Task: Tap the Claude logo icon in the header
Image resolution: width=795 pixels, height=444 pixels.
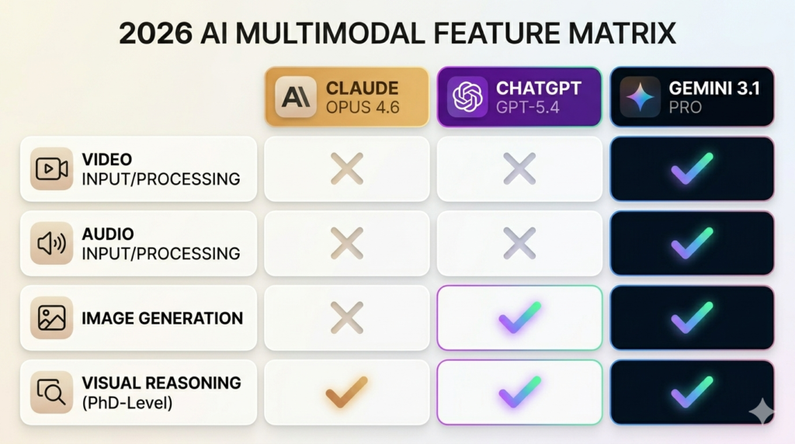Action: pyautogui.click(x=296, y=97)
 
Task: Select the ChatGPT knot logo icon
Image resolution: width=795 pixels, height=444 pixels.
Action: pyautogui.click(x=467, y=97)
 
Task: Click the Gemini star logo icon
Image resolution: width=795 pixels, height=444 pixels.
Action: pyautogui.click(x=641, y=97)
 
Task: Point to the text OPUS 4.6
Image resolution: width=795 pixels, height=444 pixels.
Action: pyautogui.click(x=363, y=107)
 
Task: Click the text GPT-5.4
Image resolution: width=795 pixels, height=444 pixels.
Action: pyautogui.click(x=528, y=107)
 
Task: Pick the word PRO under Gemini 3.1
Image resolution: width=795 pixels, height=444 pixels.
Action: pyautogui.click(x=686, y=107)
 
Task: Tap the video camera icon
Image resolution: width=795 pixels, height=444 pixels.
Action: pyautogui.click(x=51, y=169)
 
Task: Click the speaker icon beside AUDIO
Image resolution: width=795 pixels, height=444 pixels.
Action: pyautogui.click(x=51, y=243)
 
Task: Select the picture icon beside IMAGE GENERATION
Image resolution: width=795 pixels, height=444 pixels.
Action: pyautogui.click(x=51, y=317)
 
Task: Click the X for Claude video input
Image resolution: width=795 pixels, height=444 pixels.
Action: pyautogui.click(x=346, y=168)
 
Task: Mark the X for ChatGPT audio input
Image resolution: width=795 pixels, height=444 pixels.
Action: pyautogui.click(x=519, y=243)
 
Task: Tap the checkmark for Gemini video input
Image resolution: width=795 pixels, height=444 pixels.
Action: pyautogui.click(x=691, y=168)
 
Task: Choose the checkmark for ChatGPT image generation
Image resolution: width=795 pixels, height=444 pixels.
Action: pyautogui.click(x=519, y=317)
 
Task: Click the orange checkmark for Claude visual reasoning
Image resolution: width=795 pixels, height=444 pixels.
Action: pyautogui.click(x=346, y=391)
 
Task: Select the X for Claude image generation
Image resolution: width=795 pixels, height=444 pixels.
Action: pyautogui.click(x=346, y=317)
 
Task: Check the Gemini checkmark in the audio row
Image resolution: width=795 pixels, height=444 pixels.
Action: pyautogui.click(x=691, y=243)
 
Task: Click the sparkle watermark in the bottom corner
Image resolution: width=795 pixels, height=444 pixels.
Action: pyautogui.click(x=761, y=411)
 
